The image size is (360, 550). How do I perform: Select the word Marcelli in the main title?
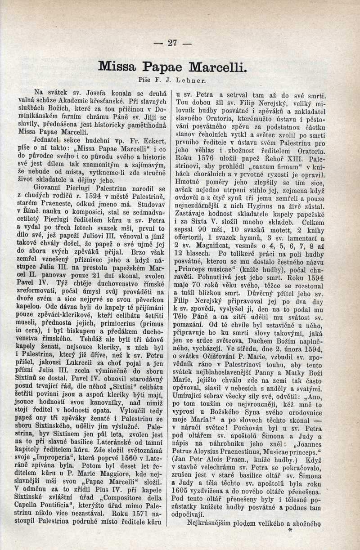coord(218,67)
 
